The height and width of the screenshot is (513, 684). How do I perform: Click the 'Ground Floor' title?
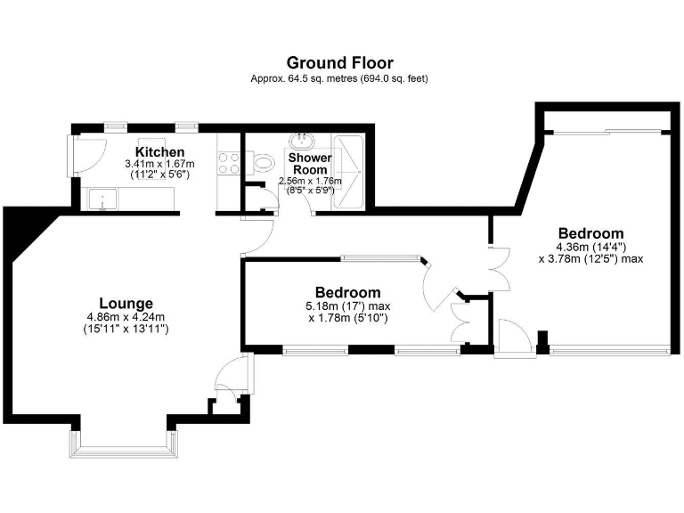point(339,62)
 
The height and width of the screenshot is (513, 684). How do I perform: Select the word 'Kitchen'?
point(160,152)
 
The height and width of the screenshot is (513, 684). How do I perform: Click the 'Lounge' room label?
point(126,303)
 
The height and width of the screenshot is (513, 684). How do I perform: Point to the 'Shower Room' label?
point(309,164)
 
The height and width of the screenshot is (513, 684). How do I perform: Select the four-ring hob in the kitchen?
point(228,163)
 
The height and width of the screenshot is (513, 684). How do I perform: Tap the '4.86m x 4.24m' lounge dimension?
point(126,317)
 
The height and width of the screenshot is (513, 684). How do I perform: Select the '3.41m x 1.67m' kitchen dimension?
point(160,165)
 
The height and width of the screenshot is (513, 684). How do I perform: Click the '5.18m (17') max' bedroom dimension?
point(348,306)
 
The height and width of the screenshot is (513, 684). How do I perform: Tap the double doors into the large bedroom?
point(496,267)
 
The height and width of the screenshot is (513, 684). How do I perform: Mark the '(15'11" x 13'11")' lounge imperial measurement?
point(126,329)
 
